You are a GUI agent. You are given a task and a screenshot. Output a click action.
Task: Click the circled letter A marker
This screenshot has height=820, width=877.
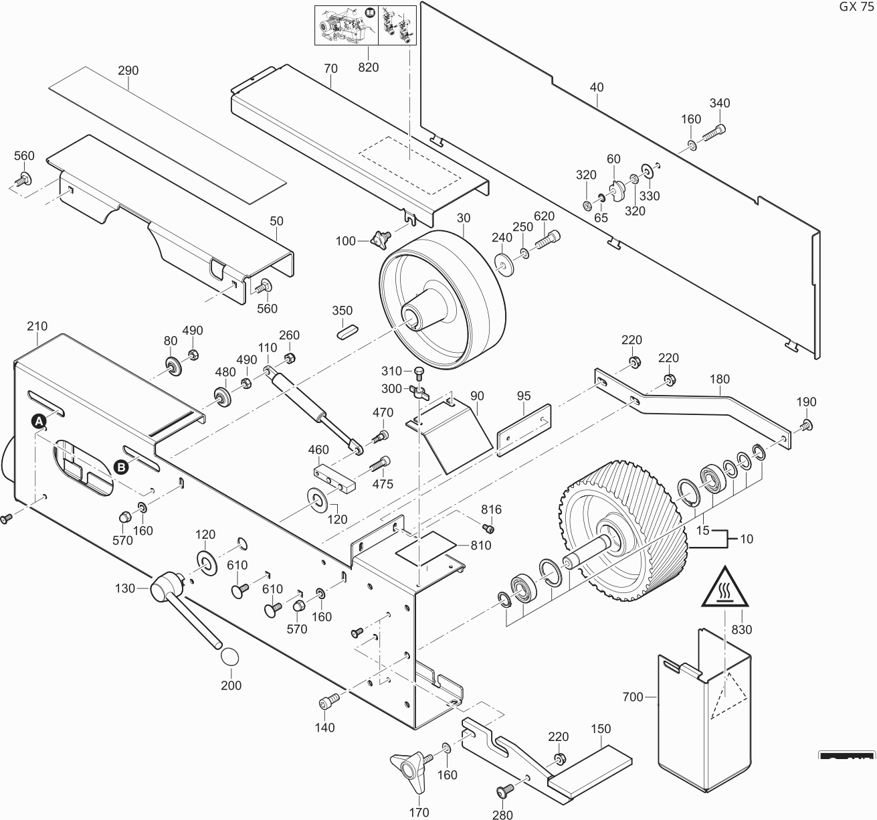tap(39, 421)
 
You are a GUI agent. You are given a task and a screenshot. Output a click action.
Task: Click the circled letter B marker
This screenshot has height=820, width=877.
tap(121, 467)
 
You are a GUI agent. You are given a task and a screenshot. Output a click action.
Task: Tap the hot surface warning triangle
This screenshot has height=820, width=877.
tap(725, 588)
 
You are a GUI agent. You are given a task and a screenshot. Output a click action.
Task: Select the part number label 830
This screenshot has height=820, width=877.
tap(742, 629)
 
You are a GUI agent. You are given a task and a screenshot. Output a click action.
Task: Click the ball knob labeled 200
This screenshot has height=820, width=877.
tap(231, 657)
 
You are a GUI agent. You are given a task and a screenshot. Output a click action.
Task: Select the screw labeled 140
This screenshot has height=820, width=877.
tap(328, 701)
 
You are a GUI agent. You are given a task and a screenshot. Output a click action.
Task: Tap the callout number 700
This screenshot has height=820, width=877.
tap(632, 697)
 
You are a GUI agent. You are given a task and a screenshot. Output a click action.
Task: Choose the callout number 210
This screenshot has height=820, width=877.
tap(37, 326)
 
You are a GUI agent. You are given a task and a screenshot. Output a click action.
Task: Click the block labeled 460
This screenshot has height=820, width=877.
tap(332, 477)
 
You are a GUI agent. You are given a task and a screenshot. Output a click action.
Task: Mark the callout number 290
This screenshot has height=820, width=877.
tap(128, 70)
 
